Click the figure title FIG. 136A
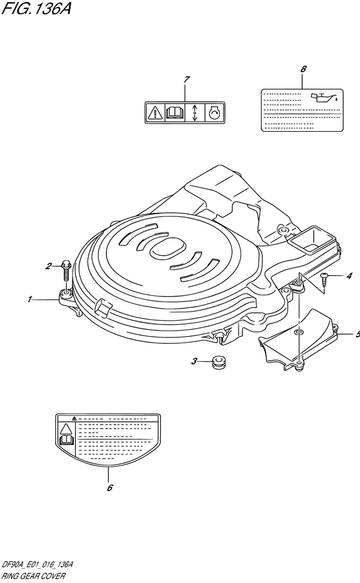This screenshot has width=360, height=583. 36,8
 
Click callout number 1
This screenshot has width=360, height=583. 30,300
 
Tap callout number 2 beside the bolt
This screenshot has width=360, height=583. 48,266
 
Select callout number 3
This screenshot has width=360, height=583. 194,361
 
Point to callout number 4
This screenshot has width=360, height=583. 349,276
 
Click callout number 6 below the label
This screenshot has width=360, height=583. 110,487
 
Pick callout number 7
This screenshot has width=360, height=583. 186,79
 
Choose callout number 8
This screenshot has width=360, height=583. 303,69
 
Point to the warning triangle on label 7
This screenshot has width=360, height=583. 154,112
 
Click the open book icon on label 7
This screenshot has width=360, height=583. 174,112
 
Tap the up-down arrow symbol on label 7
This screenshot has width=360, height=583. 194,112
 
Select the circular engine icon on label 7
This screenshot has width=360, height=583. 215,112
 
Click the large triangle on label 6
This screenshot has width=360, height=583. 66,429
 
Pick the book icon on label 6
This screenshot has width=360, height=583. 66,440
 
